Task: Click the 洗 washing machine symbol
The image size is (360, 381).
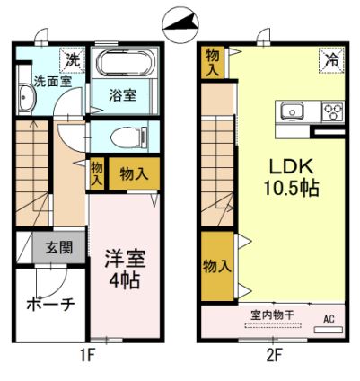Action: click(73, 61)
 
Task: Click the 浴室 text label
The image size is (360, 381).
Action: click(122, 93)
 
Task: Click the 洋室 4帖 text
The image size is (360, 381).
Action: click(123, 267)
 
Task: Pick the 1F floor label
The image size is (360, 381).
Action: click(86, 355)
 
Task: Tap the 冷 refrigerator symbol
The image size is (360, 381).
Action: click(331, 61)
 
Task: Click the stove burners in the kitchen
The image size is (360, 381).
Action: click(333, 112)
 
